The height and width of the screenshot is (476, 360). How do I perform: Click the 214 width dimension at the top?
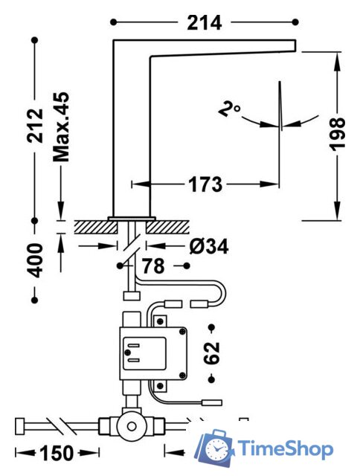point(205,23)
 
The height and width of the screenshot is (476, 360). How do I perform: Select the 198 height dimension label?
point(338,134)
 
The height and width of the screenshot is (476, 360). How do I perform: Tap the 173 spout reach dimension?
point(205,184)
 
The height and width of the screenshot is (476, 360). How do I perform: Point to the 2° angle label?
point(230,109)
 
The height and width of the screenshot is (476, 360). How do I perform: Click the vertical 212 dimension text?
point(35,125)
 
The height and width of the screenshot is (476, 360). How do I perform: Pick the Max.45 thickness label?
point(61,127)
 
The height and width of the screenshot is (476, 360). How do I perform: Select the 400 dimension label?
point(36,260)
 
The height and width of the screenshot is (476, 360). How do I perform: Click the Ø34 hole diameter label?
point(208,246)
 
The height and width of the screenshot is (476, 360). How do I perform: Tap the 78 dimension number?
point(153,266)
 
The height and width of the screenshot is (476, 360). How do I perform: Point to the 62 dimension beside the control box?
point(211,353)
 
